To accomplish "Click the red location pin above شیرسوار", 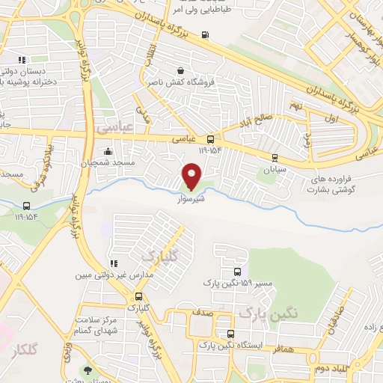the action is tap(192, 177).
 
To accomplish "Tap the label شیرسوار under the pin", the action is tap(191, 200).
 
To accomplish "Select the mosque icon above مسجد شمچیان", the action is tap(109, 152).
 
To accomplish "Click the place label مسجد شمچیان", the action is tap(107, 162).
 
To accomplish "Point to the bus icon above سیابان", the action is tap(275, 157).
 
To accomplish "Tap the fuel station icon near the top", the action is tap(206, 35).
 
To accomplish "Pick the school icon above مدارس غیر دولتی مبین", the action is tap(114, 263).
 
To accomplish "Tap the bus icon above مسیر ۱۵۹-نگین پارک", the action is tap(236, 272).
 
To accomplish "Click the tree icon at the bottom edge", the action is tap(89, 370).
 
